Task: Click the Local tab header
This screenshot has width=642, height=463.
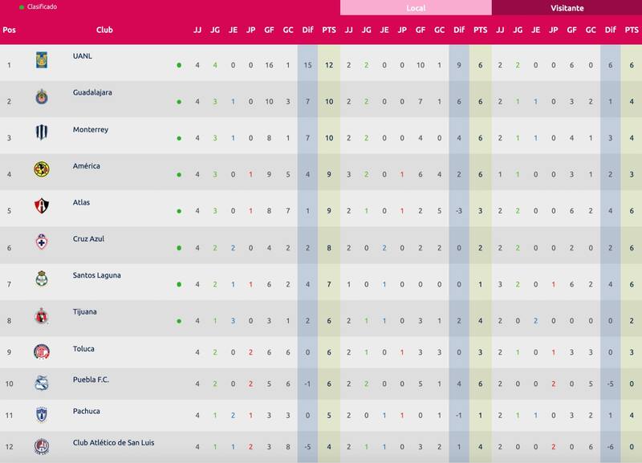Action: coord(416,8)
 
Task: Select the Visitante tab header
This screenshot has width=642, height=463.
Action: coord(567,8)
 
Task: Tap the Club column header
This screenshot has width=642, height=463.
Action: coord(104,30)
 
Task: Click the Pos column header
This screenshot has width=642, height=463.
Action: coord(9,30)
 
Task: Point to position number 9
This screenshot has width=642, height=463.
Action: coord(9,353)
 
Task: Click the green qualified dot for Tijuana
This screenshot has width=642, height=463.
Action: coord(179,321)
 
